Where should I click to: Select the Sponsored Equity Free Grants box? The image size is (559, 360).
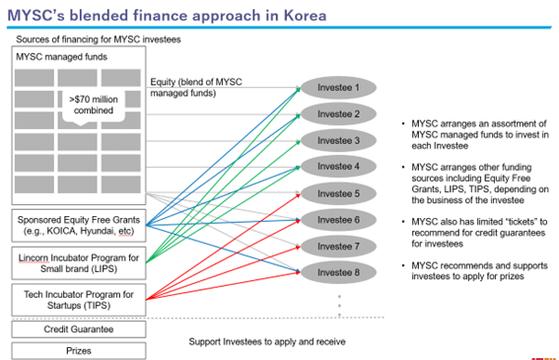77,224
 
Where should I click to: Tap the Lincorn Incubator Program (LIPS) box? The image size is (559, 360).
77,261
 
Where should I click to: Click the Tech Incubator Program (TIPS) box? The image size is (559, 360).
77,299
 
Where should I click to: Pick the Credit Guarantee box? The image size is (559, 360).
77,328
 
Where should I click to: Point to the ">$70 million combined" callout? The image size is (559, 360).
92,105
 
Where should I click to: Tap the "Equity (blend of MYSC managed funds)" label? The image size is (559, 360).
195,86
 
